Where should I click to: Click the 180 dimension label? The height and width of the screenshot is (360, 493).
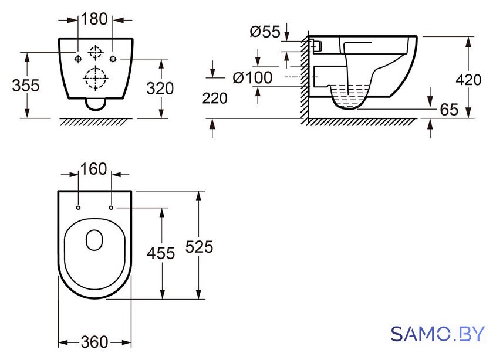click(x=94, y=19)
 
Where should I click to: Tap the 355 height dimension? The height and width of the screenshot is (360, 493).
click(x=26, y=86)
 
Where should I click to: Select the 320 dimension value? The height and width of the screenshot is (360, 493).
click(x=160, y=89)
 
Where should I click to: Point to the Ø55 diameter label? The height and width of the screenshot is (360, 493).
click(x=265, y=32)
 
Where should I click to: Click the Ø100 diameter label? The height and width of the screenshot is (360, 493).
click(x=252, y=78)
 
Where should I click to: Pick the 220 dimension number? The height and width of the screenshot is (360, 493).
click(x=215, y=99)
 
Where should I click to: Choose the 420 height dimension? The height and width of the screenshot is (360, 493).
click(x=468, y=80)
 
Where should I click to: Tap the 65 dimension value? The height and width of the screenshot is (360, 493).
click(x=449, y=110)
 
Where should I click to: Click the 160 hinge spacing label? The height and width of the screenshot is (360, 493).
click(x=94, y=169)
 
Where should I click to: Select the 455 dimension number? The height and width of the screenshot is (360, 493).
click(x=161, y=253)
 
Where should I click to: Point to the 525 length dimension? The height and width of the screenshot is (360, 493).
click(x=199, y=247)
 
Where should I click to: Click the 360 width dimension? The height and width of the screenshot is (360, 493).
click(x=94, y=342)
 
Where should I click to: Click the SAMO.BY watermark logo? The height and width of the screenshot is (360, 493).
click(x=438, y=334)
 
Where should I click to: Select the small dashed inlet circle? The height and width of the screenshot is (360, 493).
click(x=96, y=52)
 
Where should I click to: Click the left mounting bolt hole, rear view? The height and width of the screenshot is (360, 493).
click(x=78, y=59)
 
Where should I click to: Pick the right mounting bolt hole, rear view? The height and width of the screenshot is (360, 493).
click(x=113, y=59)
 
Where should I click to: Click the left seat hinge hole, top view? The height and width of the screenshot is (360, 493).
click(x=78, y=208)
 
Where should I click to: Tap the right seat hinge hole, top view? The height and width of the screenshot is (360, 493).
click(x=111, y=208)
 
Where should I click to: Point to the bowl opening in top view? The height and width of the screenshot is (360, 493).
click(x=94, y=240)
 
